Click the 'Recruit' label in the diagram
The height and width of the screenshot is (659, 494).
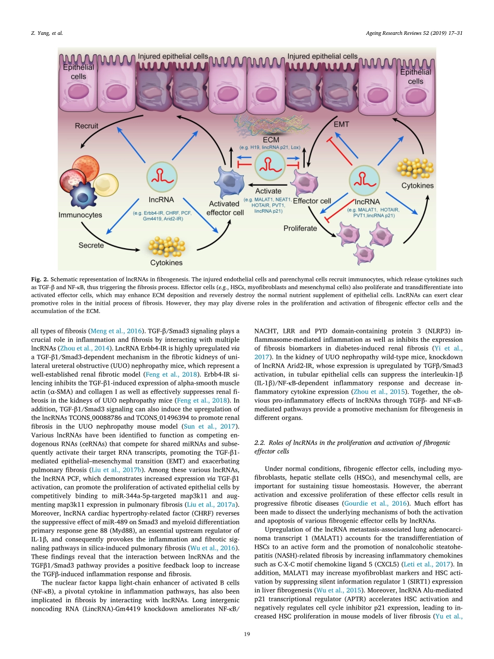[x=86, y=126]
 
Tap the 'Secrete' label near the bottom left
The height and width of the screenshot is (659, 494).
[x=91, y=245]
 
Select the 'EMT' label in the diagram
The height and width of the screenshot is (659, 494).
[x=341, y=125]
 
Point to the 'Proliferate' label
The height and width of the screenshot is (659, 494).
[x=300, y=228]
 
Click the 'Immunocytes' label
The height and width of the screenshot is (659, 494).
[x=80, y=214]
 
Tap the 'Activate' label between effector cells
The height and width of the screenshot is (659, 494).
[x=268, y=191]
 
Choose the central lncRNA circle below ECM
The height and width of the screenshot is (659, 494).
[x=269, y=165]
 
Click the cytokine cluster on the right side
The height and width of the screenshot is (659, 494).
[x=417, y=166]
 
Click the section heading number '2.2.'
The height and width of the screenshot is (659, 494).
[x=260, y=443]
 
